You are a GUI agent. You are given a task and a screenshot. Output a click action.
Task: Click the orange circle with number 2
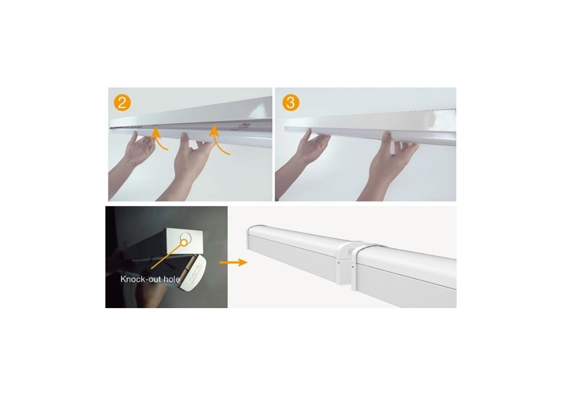point(122,103)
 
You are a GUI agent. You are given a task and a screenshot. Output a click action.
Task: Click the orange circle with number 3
point(291,103)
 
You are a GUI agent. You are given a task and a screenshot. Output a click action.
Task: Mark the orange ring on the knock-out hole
point(184,243)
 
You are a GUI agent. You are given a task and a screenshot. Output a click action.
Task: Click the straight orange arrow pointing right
point(233,262)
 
